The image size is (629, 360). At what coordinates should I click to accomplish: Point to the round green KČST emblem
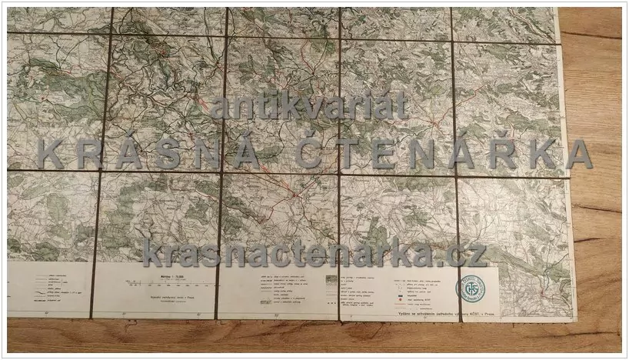pyautogui.click(x=471, y=288)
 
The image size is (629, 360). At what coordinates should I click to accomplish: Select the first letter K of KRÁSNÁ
pyautogui.click(x=49, y=155)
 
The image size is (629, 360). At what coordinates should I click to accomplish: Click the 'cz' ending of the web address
pyautogui.click(x=472, y=252)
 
